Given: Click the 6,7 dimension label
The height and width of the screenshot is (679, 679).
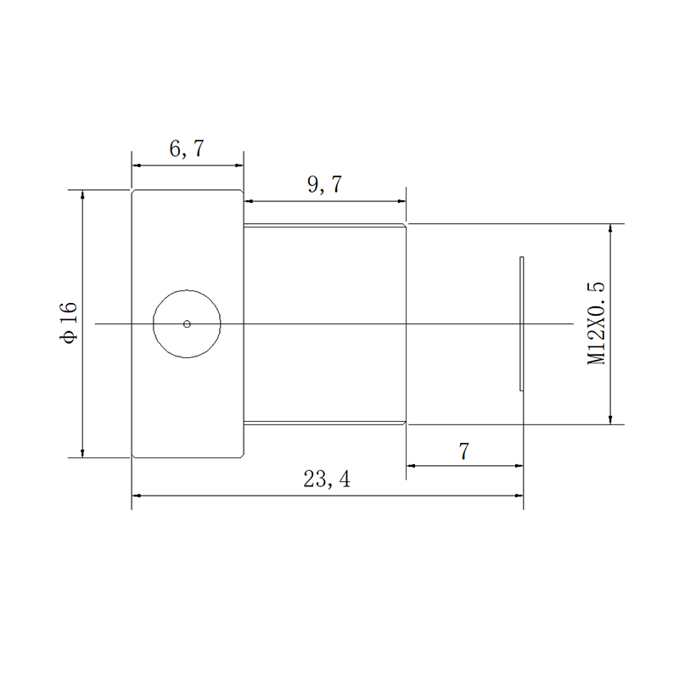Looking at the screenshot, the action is (186, 149).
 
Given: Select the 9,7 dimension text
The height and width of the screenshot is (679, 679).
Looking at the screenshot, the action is (324, 184).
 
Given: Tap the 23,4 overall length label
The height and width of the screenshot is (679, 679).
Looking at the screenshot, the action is (327, 479).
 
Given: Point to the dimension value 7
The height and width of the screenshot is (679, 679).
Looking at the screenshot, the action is (463, 452).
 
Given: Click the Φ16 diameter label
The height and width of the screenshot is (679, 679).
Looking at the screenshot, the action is (69, 323).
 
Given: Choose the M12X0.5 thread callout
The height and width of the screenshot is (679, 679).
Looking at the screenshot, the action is (597, 323).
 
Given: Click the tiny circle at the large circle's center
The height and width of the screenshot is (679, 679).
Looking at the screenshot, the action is (187, 324).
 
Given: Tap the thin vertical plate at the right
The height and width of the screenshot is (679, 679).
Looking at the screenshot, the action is (522, 323).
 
